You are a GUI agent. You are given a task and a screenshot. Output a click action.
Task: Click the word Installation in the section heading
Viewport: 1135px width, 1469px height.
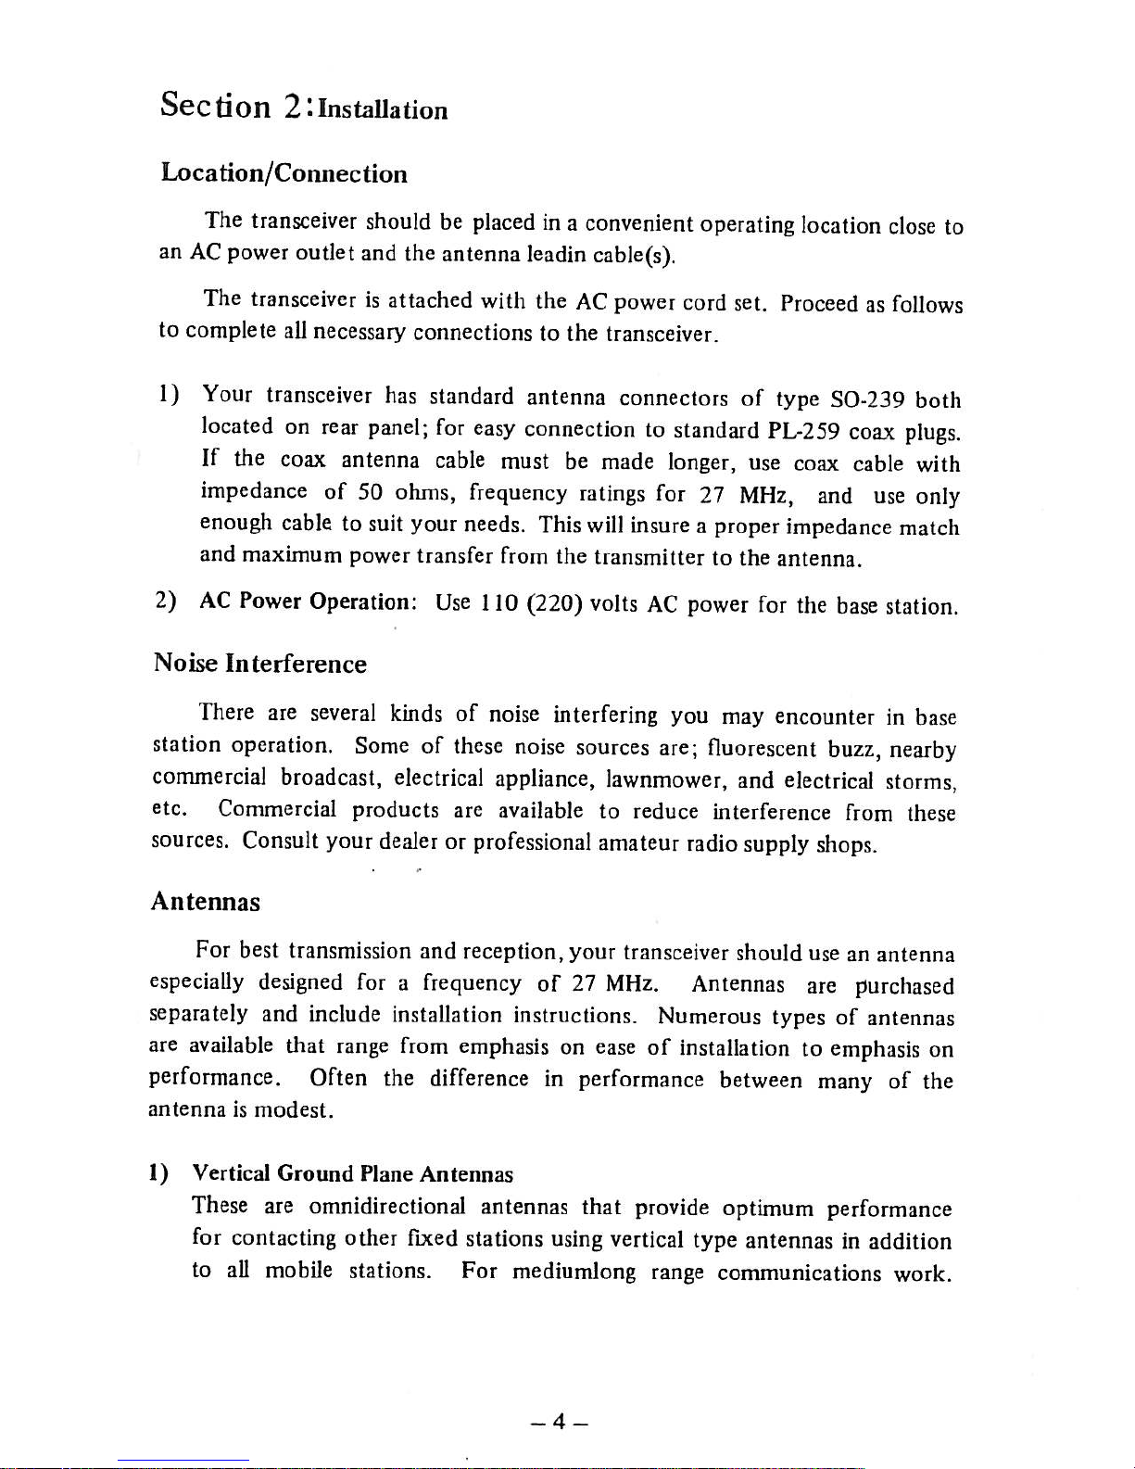tap(382, 110)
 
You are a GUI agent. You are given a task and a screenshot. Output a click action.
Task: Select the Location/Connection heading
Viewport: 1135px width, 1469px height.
tap(284, 173)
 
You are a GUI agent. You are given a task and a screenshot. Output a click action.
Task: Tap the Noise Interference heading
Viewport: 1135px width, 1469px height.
tap(259, 664)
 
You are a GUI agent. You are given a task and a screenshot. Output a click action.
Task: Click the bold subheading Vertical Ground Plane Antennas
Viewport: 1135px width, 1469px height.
tap(352, 1173)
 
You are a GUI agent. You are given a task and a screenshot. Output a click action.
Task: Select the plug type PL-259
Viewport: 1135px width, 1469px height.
tap(804, 431)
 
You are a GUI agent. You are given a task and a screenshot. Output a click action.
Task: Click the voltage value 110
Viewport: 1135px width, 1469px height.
tap(498, 604)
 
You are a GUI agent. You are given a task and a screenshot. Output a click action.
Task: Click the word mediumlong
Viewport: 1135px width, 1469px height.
tap(574, 1271)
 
